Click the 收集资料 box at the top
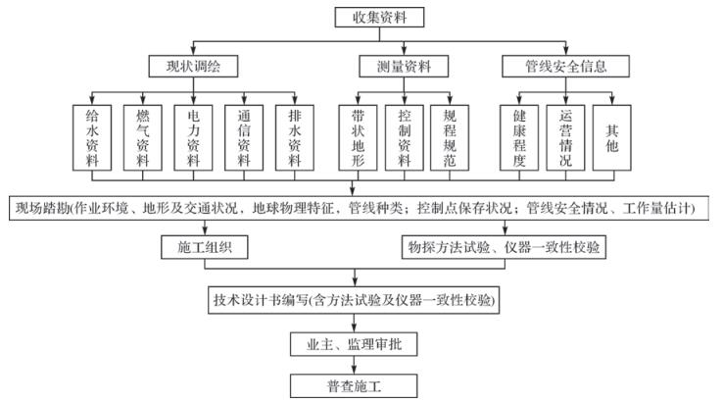(x=361, y=17)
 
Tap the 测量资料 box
(x=400, y=67)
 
